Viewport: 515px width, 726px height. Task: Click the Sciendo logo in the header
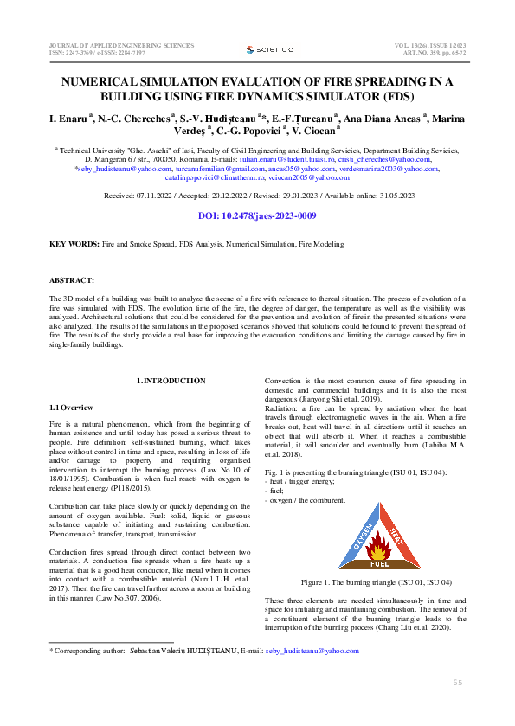coord(269,50)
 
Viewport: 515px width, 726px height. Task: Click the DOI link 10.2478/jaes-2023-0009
coord(257,216)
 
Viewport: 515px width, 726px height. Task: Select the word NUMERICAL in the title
coord(103,81)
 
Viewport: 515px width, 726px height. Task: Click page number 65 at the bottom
coord(458,683)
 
